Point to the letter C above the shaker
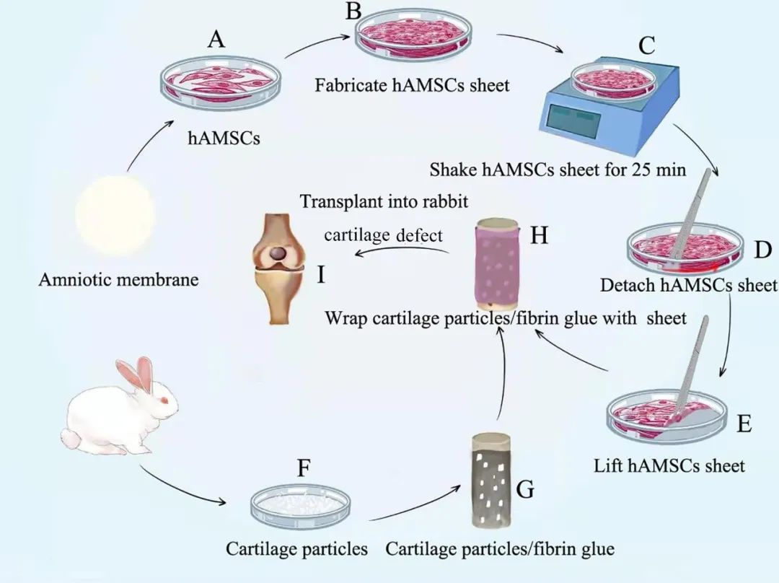coord(646,45)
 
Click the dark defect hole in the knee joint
coord(278,255)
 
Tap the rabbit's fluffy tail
coord(70,439)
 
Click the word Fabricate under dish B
coord(351,85)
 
